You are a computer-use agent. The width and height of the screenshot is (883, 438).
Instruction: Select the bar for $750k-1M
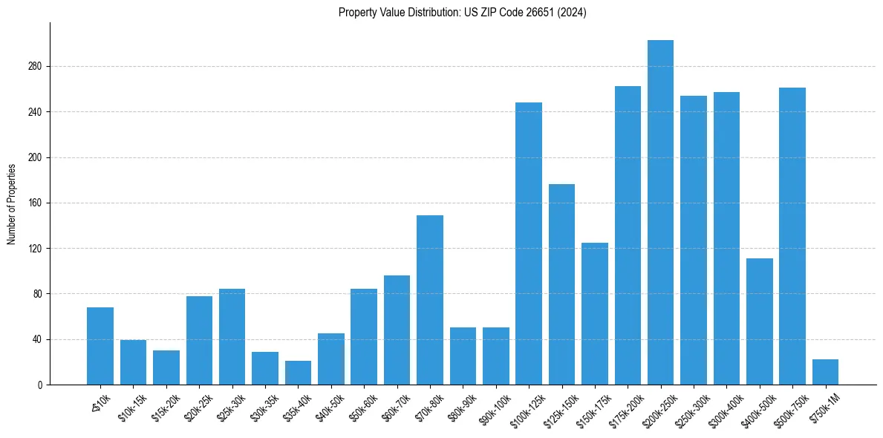tap(825, 372)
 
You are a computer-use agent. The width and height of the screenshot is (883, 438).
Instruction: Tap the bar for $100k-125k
tap(529, 245)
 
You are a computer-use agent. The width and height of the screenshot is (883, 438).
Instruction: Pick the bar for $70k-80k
tap(430, 301)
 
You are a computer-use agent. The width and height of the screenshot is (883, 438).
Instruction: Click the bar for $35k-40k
tap(298, 373)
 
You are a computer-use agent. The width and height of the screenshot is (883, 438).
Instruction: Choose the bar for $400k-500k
tap(759, 321)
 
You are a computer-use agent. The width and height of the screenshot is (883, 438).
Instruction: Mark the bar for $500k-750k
tap(792, 238)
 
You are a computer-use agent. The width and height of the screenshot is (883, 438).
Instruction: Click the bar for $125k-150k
tap(561, 285)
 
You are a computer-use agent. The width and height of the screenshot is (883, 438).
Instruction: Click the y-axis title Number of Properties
tap(12, 203)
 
